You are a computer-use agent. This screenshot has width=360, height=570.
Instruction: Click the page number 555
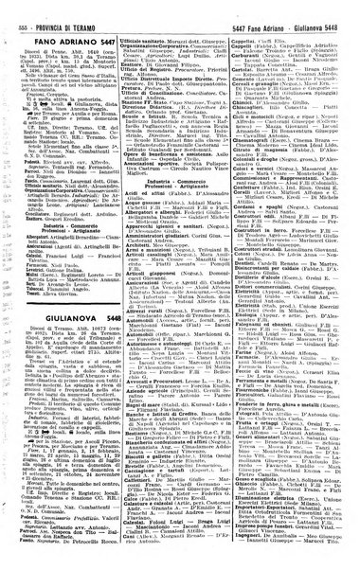13,7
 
